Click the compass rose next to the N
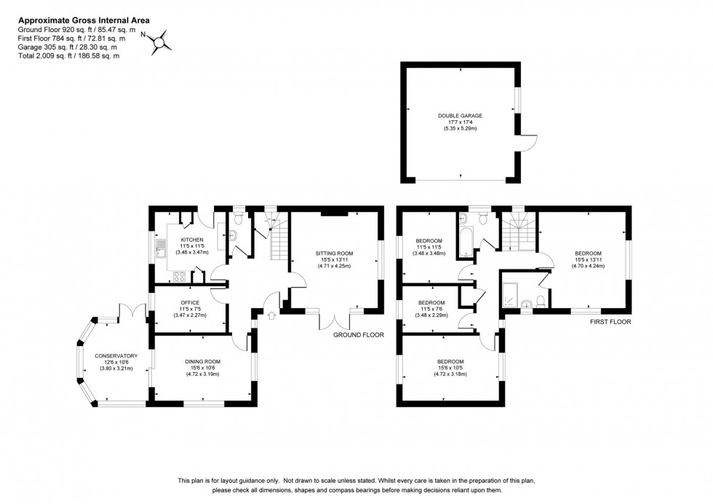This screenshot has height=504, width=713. point(159,41)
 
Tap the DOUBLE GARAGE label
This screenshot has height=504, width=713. point(460,116)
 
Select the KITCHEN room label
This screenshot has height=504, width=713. point(191,240)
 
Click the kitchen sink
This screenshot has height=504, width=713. point(158,252)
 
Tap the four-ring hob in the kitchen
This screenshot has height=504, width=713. point(177,275)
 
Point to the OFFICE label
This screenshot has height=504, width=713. point(191,302)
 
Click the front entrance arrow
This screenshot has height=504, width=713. point(272,315)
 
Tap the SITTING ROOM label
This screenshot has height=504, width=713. point(333,254)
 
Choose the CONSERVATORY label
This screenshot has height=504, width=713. point(116,355)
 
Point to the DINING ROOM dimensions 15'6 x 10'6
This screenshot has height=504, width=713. point(202,368)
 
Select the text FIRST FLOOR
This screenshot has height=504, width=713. point(610,321)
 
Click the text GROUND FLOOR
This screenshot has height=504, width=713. point(359,335)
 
